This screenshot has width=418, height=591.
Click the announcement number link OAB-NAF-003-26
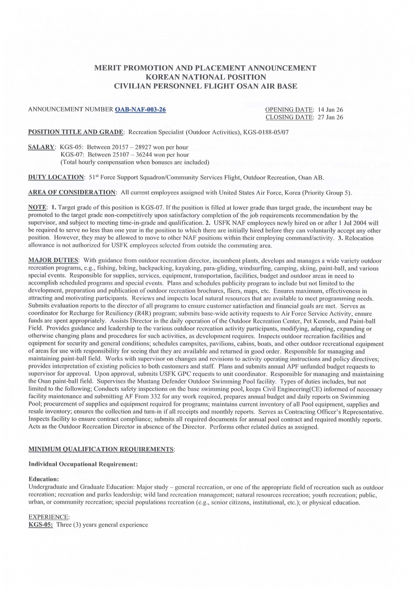[141, 109]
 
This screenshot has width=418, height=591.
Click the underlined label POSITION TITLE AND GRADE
[76, 132]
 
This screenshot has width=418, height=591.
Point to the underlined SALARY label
[41, 147]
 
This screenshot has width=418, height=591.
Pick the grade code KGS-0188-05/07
[266, 132]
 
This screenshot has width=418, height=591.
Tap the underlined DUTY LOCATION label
[56, 177]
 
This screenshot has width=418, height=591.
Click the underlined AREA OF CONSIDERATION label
[72, 192]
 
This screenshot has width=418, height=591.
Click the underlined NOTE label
[37, 207]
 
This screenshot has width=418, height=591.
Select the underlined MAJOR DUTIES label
[53, 261]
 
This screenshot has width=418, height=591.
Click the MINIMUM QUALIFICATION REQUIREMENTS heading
[101, 449]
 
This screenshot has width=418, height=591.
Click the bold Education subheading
[44, 479]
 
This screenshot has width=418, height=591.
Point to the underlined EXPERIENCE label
[49, 517]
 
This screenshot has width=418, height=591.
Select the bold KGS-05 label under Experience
[40, 525]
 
